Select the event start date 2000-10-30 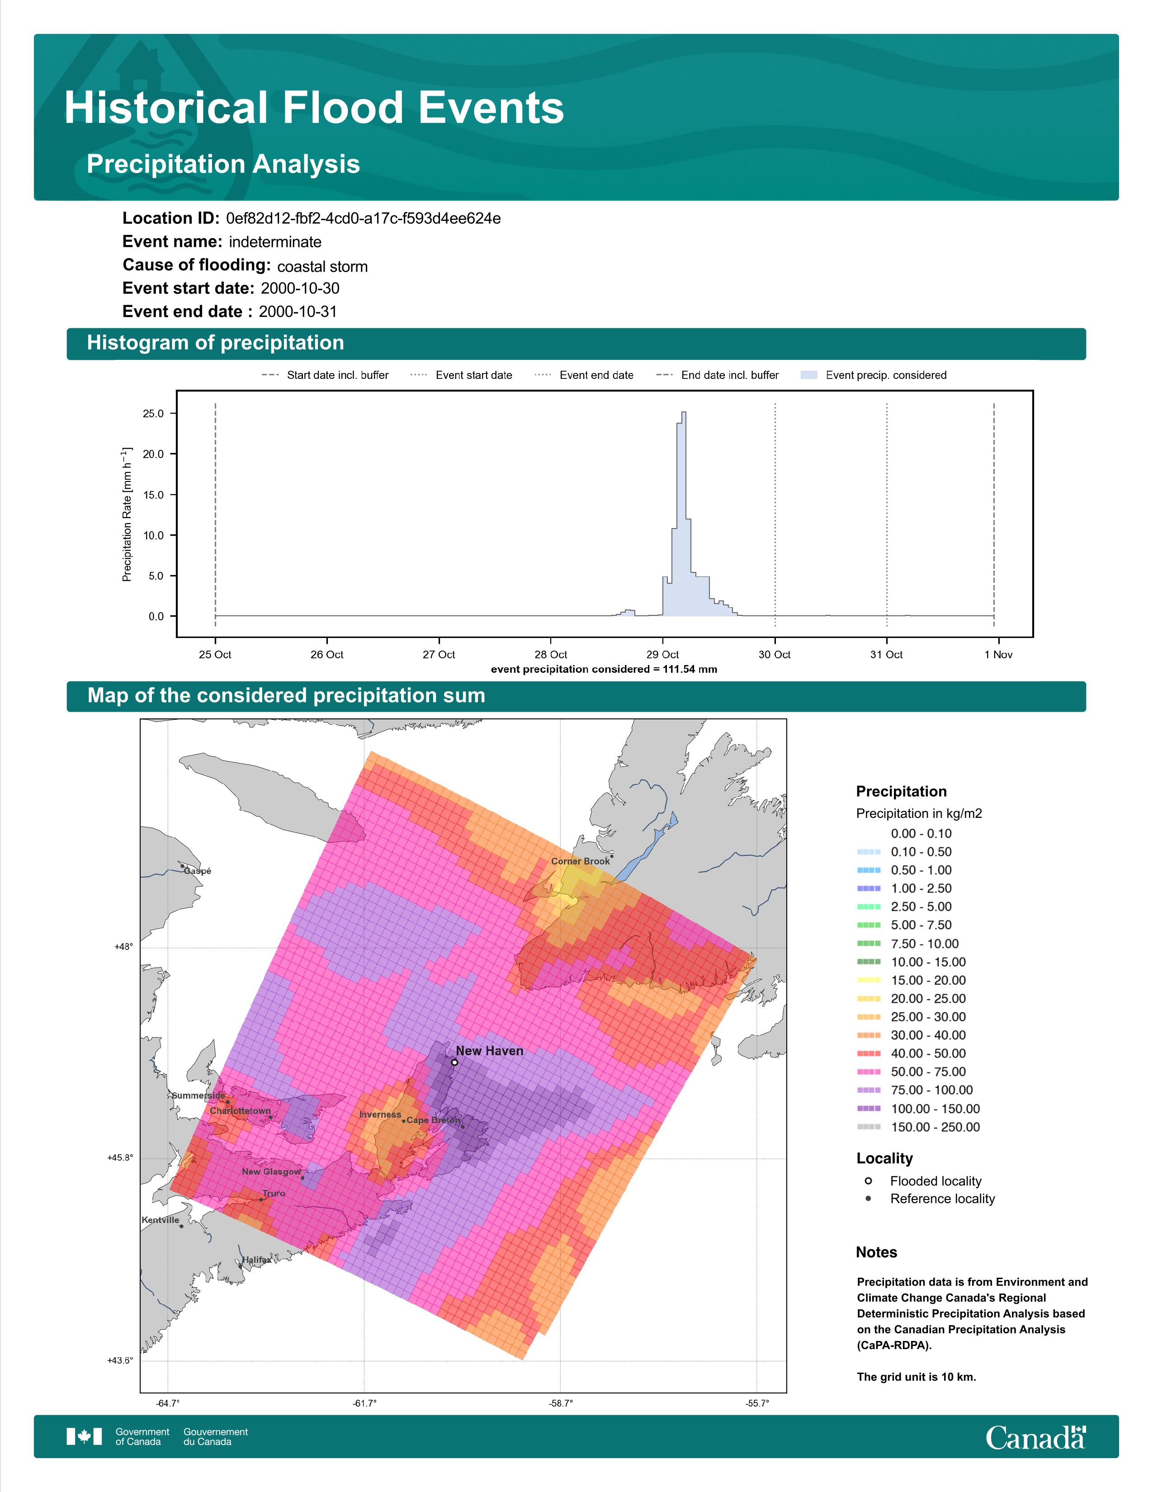[x=300, y=288]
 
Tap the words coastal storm [x=322, y=266]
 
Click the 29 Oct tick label [x=662, y=655]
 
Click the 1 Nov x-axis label [x=998, y=655]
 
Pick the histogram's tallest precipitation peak [x=684, y=413]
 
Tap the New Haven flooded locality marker [x=454, y=1062]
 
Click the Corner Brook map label [x=580, y=861]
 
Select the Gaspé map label [x=198, y=871]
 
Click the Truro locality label [x=274, y=1194]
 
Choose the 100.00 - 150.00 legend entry [x=918, y=1109]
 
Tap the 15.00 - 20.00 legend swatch [x=869, y=980]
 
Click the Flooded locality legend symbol [x=868, y=1180]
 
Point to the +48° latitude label [x=123, y=947]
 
